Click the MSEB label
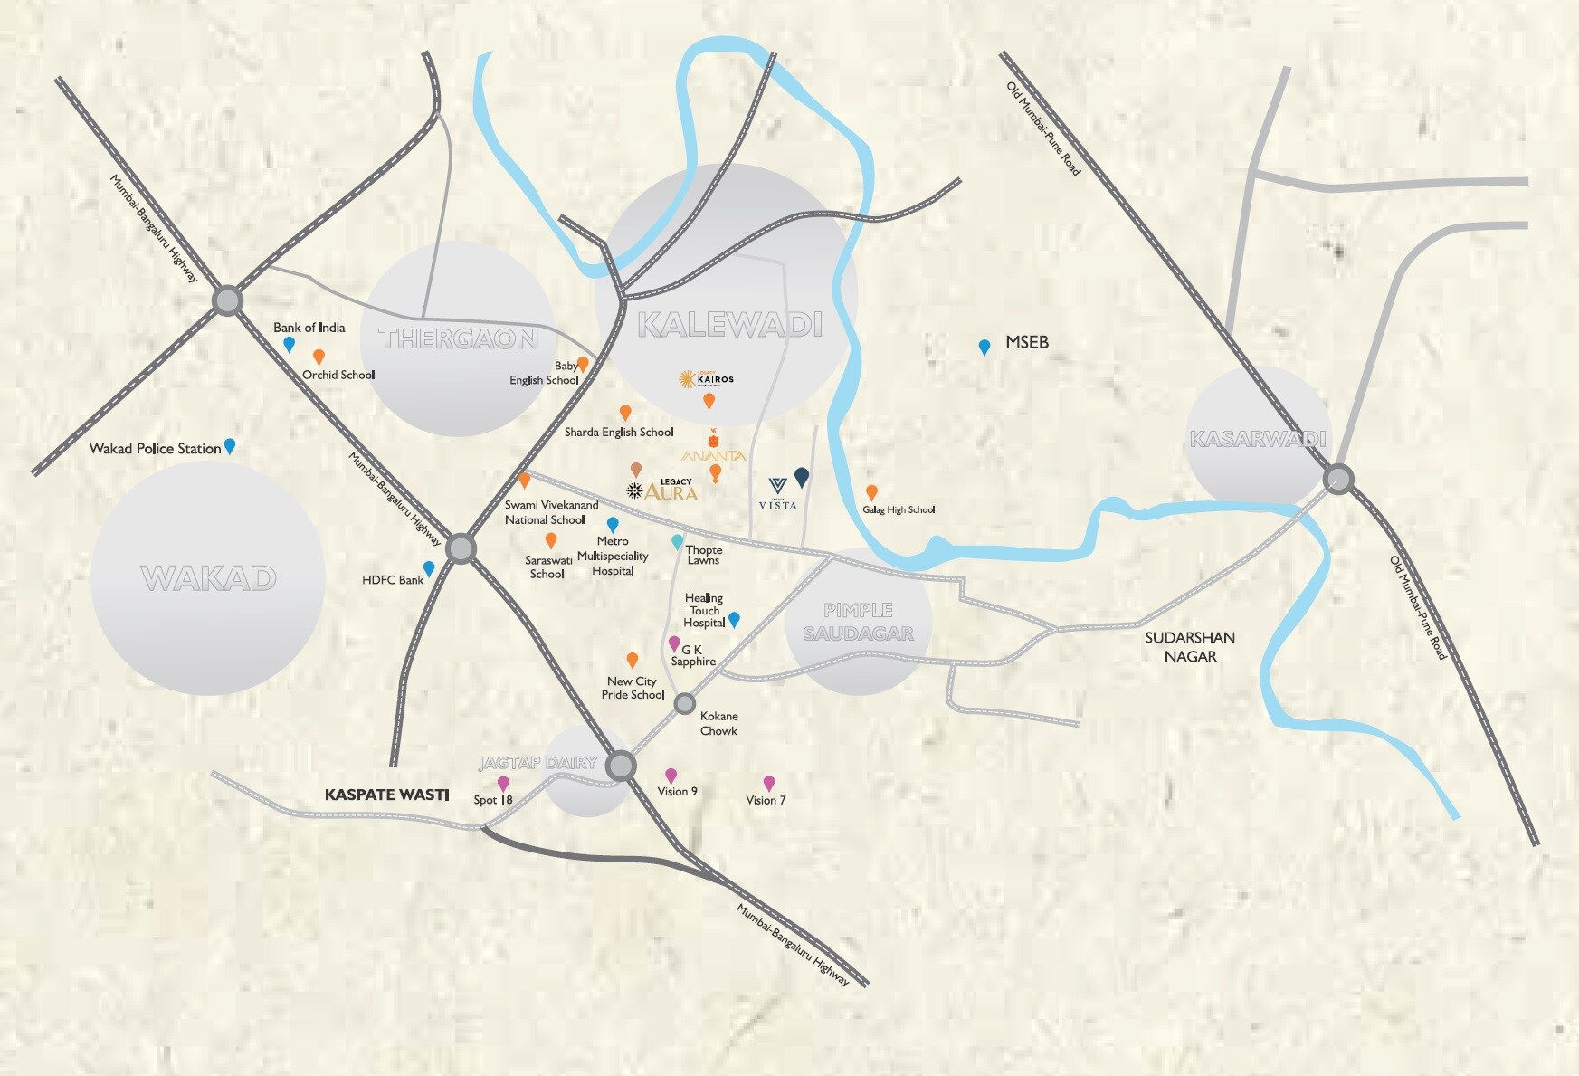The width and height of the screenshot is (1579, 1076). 1027,342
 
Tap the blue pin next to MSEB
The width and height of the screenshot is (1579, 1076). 984,347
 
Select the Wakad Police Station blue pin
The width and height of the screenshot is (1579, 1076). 230,445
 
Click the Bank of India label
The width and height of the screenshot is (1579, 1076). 309,328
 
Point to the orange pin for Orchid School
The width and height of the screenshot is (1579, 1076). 319,357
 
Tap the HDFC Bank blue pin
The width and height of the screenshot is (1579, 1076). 429,568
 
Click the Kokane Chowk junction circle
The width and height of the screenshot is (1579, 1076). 685,703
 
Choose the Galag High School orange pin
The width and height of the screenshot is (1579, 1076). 871,492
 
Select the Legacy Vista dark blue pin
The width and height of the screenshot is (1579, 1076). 802,476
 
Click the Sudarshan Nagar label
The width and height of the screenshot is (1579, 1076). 1190,647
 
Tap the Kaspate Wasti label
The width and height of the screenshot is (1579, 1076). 386,795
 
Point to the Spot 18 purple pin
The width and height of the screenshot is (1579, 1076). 503,783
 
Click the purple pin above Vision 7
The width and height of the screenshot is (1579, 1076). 769,783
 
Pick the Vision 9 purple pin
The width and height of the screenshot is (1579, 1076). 671,776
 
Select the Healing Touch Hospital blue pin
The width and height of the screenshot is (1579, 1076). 735,619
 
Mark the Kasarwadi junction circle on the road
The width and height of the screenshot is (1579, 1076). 1337,479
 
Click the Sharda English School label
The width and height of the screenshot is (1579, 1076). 619,433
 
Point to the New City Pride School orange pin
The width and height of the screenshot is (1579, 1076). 633,660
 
